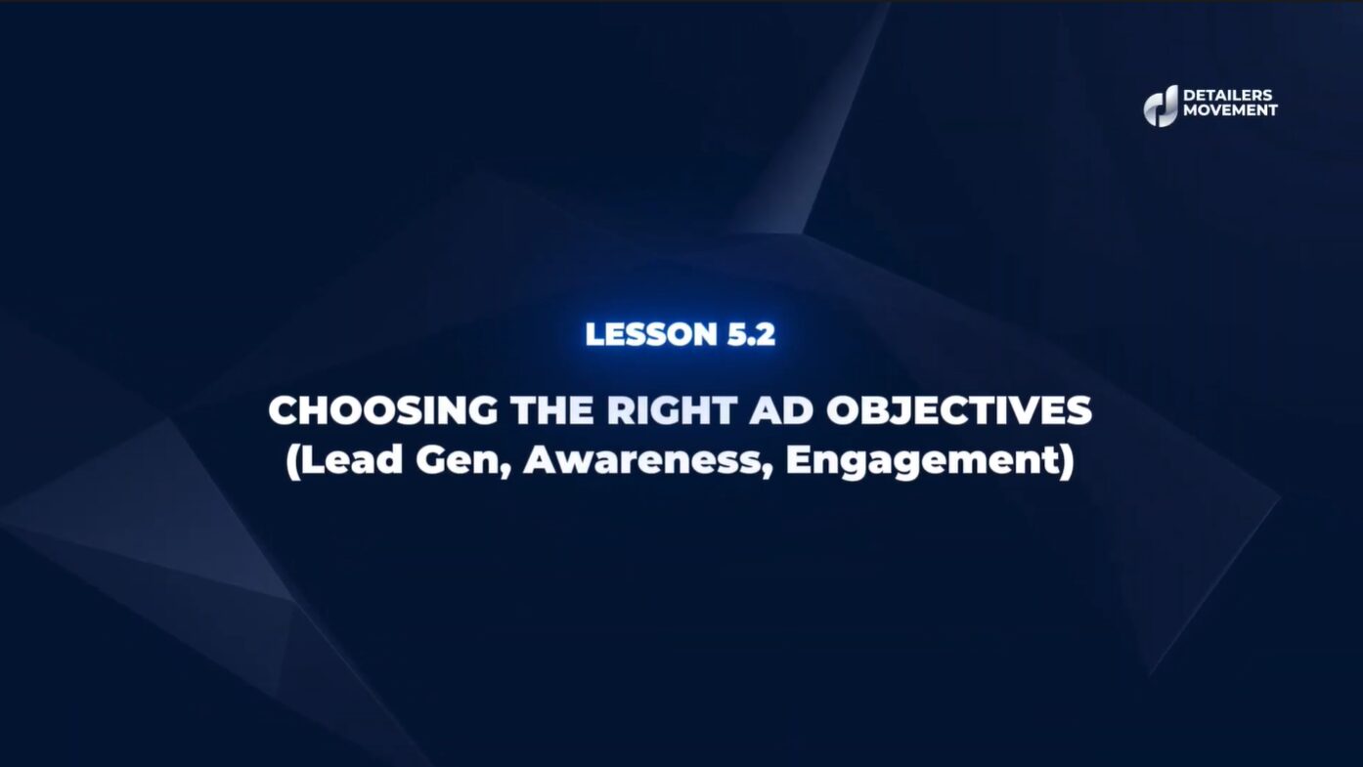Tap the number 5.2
[751, 334]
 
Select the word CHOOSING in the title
[383, 410]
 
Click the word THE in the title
[551, 410]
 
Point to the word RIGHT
[672, 410]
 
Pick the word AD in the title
[781, 410]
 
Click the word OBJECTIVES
[959, 410]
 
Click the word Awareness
[642, 461]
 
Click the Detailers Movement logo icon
[1161, 106]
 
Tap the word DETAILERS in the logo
[1227, 95]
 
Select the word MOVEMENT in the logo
[1230, 110]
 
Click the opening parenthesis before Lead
[292, 462]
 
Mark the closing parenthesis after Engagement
[1066, 462]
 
